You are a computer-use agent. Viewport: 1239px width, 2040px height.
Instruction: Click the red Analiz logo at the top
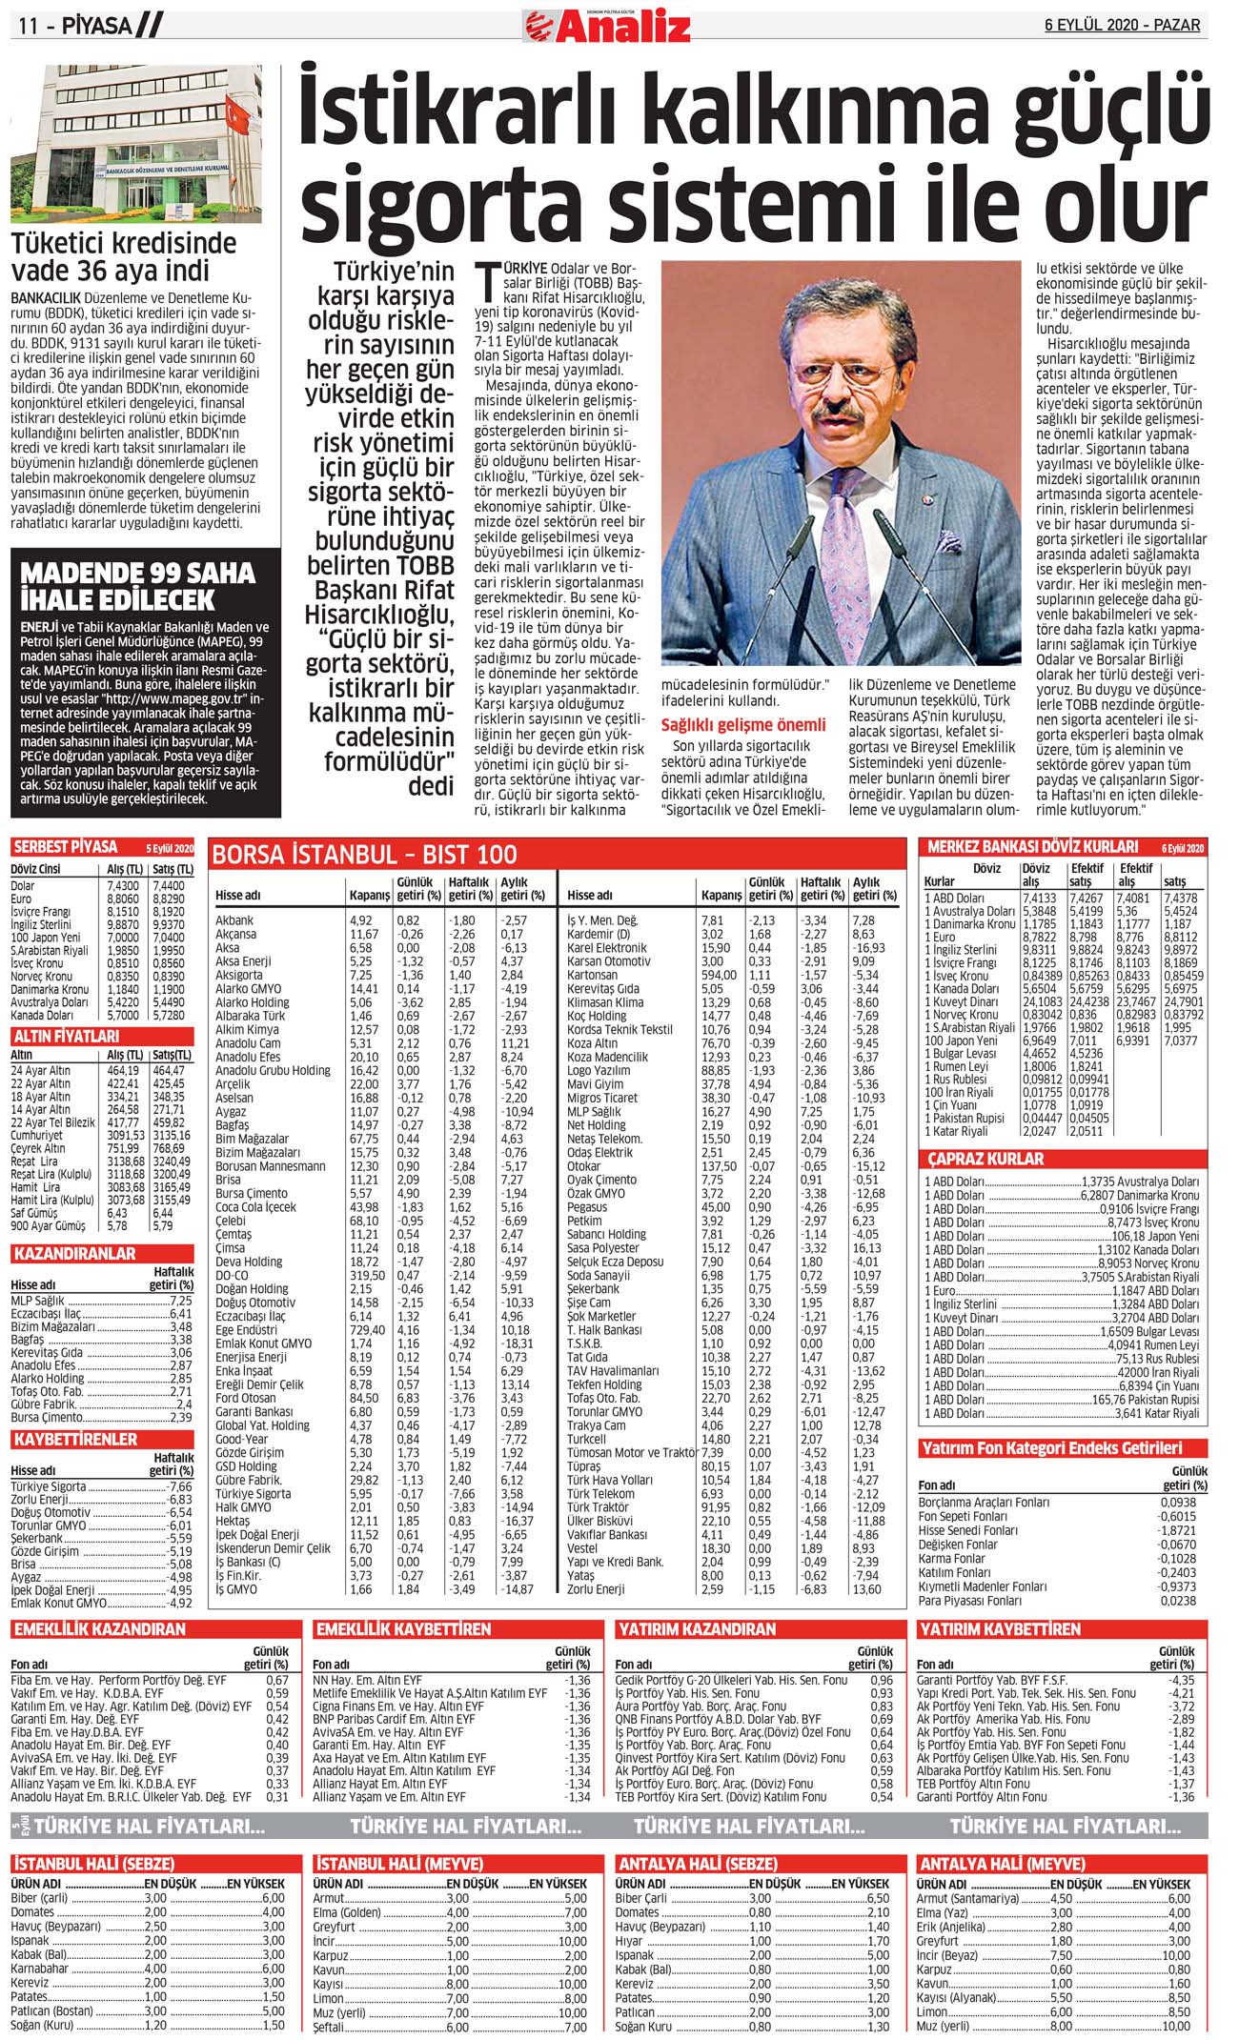coord(610,26)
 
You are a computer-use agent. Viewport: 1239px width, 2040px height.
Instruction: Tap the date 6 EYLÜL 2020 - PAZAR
coord(1122,26)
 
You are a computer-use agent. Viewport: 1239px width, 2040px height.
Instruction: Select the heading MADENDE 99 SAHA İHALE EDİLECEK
coord(137,586)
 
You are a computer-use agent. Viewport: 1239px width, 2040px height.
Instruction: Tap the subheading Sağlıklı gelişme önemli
coord(742,725)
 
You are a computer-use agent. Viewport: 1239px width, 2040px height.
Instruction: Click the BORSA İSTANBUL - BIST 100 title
coord(364,855)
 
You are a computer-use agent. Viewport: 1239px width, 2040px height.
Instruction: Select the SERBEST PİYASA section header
coord(65,847)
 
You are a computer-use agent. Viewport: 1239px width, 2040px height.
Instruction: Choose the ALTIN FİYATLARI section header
coord(66,1036)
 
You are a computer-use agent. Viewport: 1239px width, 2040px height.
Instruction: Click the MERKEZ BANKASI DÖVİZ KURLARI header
coord(1032,847)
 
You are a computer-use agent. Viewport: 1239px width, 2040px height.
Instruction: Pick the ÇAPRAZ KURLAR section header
coord(985,1160)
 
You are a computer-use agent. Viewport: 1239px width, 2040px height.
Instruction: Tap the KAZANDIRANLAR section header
coord(74,1254)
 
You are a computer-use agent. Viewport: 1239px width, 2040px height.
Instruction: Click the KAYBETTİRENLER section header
coord(75,1440)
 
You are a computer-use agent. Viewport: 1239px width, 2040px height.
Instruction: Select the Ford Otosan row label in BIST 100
coord(245,1399)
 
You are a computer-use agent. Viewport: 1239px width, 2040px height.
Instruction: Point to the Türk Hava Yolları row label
coord(609,1481)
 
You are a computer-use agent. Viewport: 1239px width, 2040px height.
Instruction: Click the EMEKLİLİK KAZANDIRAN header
coord(99,1630)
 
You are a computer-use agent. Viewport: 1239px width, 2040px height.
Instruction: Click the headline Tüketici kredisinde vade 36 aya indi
coord(124,256)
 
